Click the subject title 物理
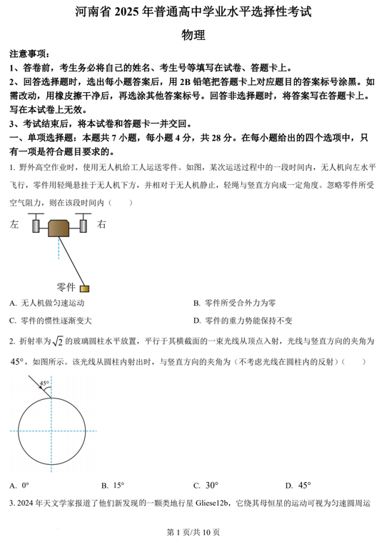193,34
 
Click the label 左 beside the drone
15,224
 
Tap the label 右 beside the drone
101,224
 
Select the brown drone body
59,227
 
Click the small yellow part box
84,288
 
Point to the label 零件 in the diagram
66,287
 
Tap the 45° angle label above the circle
44,383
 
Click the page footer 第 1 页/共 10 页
192,532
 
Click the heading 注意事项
29,54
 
